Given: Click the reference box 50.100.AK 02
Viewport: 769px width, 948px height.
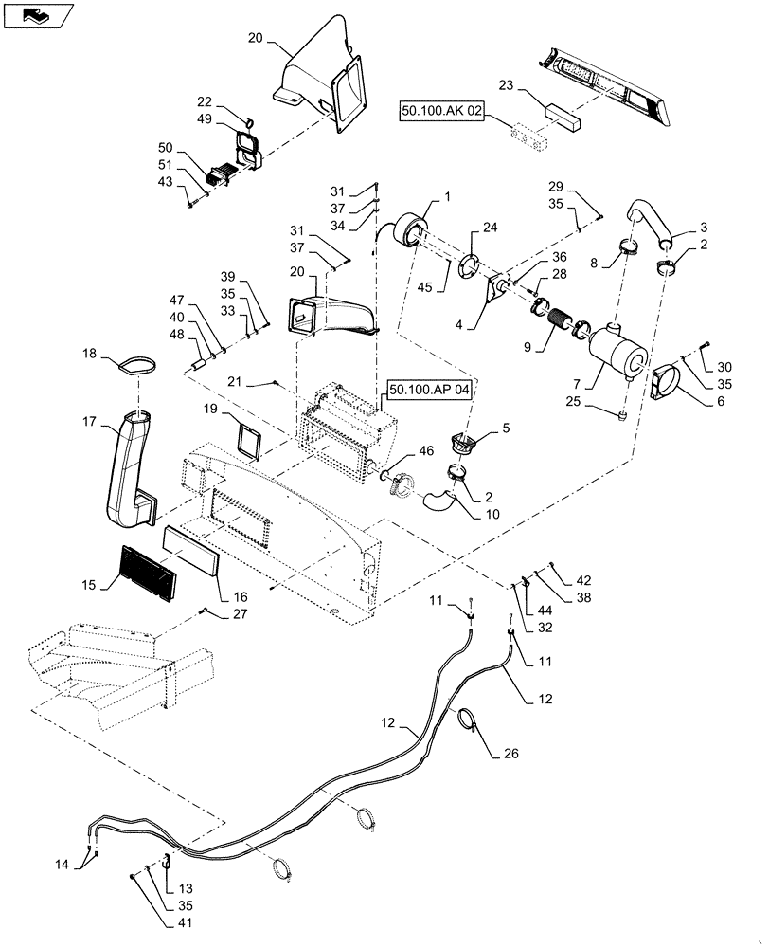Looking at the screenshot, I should click(x=442, y=111).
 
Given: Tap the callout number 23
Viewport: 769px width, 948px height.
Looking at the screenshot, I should click(x=507, y=84).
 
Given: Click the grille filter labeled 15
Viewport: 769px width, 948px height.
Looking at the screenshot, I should click(x=148, y=574).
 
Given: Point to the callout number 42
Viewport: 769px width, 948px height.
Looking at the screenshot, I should click(x=584, y=578).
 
